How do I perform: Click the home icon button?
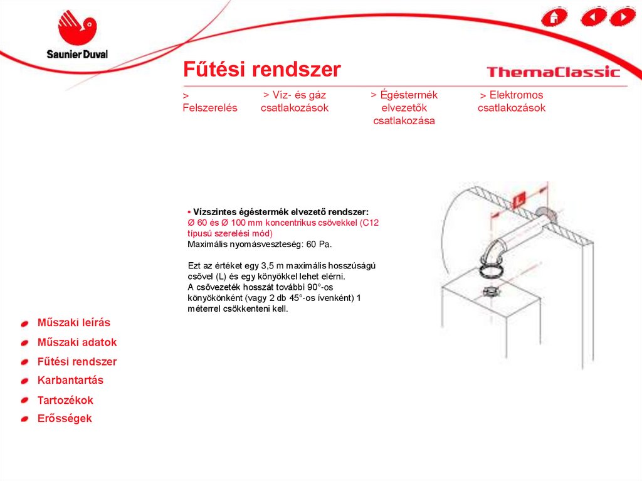(554, 17)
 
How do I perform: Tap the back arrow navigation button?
(594, 17)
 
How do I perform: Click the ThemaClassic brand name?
(553, 72)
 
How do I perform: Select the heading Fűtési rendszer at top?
(261, 69)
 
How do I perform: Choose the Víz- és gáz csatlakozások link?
(295, 101)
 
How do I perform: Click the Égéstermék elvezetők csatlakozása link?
(404, 107)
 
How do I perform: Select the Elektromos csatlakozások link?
(512, 101)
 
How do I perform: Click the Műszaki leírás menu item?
(74, 322)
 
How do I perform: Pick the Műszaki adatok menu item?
(77, 342)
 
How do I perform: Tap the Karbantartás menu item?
(70, 380)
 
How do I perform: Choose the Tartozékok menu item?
(65, 400)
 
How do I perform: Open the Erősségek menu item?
(65, 418)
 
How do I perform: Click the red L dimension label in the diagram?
(519, 200)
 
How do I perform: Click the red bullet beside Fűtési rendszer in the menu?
(24, 362)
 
